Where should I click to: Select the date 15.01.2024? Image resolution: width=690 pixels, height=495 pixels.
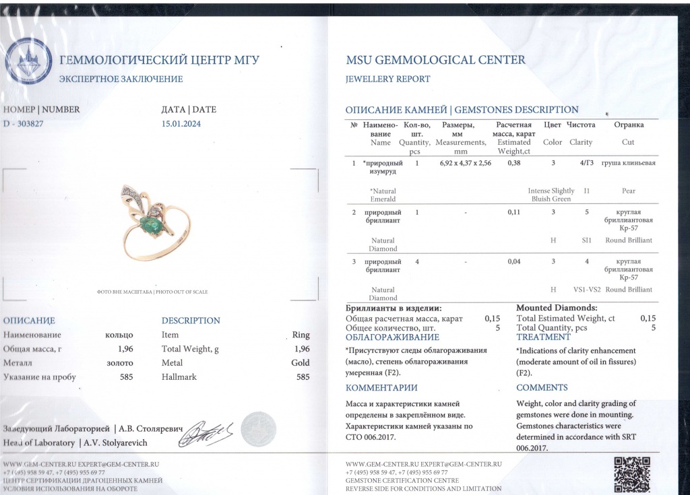coord(181,123)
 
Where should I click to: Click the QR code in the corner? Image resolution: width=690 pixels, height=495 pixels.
coord(633,474)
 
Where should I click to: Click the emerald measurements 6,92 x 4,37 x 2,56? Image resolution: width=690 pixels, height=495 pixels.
coord(465,163)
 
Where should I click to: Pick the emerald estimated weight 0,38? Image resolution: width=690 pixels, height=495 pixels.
coord(515,163)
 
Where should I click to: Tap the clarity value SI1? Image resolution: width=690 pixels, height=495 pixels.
coord(586,240)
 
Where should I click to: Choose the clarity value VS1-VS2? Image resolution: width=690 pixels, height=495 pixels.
coord(586,290)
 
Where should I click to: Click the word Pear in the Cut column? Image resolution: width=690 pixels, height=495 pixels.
coord(628,191)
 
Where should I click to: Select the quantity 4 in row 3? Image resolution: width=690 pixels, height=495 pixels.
coord(417,261)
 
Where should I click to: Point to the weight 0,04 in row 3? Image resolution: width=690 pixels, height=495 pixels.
coord(514,261)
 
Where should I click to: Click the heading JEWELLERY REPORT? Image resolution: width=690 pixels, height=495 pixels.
coord(387,79)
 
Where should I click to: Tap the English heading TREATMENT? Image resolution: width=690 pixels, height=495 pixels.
coord(543,337)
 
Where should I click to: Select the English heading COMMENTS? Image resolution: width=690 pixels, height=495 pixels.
coord(542,387)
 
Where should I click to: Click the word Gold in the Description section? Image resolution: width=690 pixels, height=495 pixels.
coord(300,363)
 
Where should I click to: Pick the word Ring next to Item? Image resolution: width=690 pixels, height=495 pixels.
coord(301,335)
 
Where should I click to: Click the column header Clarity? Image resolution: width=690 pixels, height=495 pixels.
coord(580,142)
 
